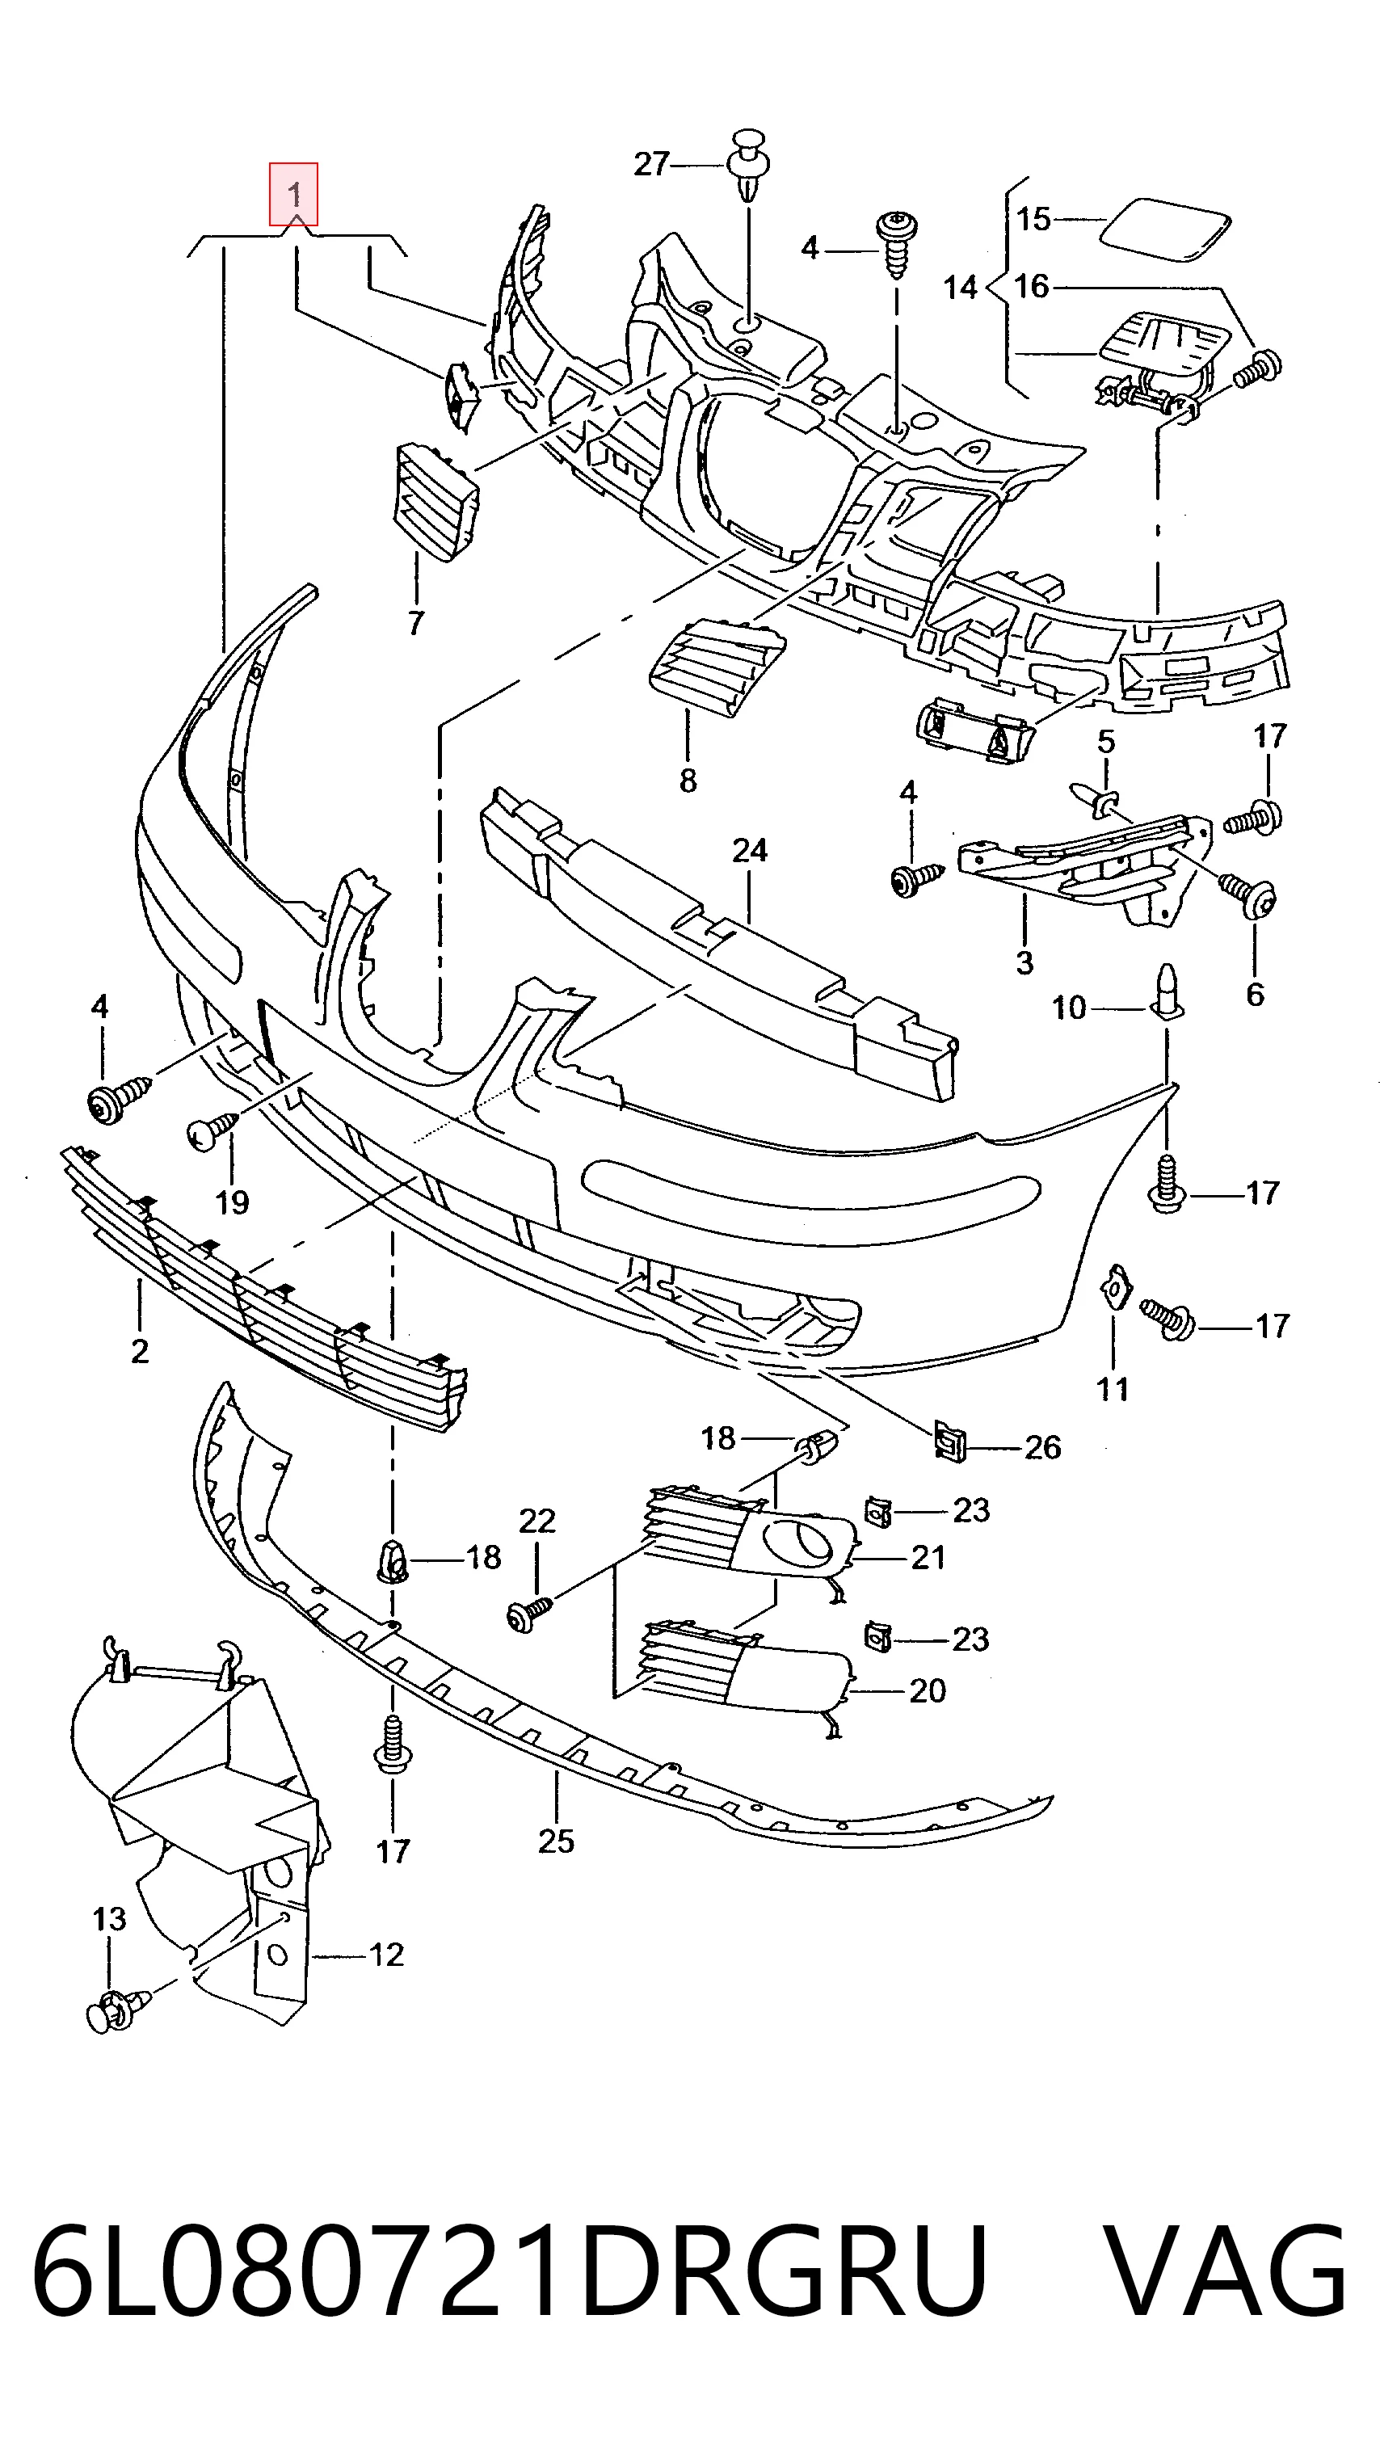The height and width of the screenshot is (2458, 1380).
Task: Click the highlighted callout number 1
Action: tap(294, 195)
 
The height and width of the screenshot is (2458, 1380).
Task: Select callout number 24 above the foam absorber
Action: tap(750, 849)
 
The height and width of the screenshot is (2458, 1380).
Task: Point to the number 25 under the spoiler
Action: tap(557, 1840)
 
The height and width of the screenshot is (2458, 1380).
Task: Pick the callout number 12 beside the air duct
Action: tap(386, 1955)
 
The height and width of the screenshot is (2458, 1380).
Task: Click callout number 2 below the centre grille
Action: tap(141, 1351)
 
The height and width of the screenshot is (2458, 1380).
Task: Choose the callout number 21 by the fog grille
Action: tap(928, 1557)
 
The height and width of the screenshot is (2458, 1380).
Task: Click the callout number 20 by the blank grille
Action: tap(928, 1690)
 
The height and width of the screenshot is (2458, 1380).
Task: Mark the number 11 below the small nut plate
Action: tap(1113, 1389)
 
